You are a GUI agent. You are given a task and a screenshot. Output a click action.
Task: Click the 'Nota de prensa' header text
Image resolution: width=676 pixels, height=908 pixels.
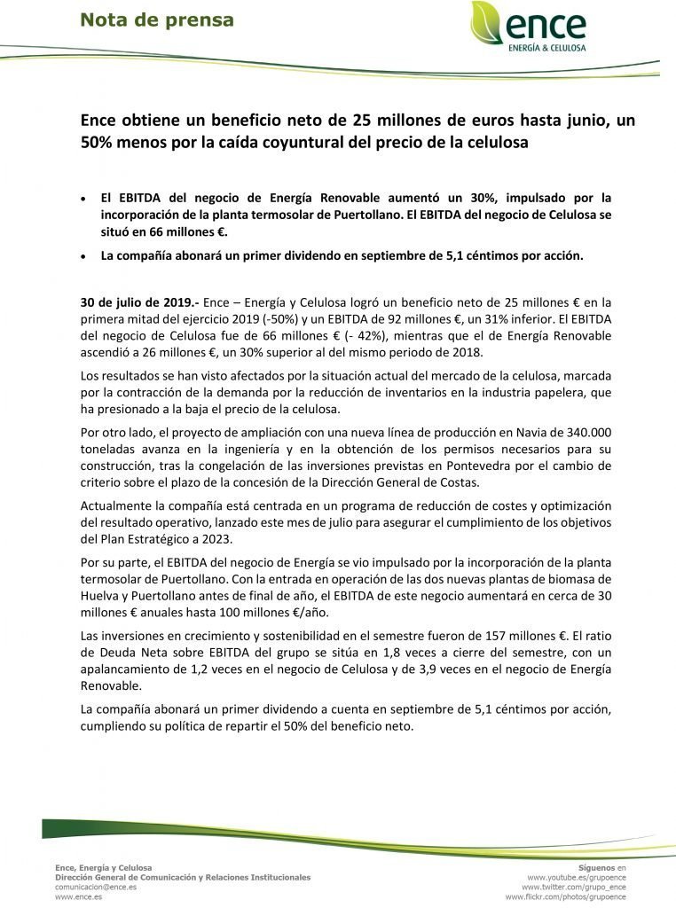(157, 20)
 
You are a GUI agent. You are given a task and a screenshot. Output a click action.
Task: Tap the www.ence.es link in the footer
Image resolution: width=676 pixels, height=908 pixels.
(78, 896)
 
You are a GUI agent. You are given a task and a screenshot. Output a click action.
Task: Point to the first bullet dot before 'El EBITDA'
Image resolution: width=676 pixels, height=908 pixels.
(83, 198)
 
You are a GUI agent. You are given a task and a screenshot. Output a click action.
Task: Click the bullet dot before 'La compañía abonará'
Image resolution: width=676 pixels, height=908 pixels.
(83, 256)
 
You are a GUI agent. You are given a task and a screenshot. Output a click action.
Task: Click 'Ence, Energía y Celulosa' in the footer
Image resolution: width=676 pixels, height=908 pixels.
(103, 866)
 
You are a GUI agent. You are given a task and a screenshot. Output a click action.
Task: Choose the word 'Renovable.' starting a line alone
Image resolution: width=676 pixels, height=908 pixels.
(111, 686)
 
